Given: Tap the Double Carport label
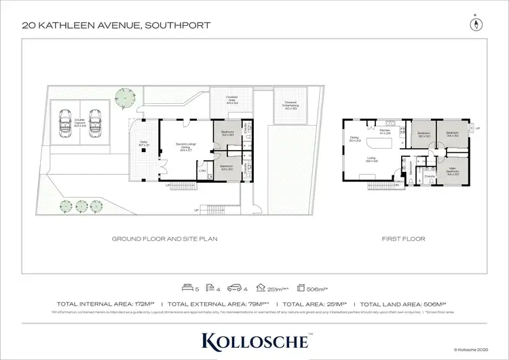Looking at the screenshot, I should (x=80, y=124).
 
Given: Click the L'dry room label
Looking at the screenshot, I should (x=202, y=170).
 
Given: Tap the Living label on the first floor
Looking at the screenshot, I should (x=371, y=160).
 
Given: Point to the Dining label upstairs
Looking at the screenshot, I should (x=354, y=139).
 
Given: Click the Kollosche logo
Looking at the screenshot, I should (x=254, y=339).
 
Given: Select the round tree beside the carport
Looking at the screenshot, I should (x=124, y=97).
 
